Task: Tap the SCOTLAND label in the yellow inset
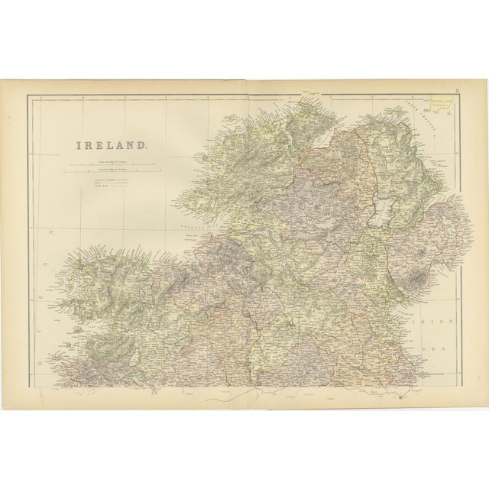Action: [438, 100]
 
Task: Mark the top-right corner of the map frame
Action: [461, 93]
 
